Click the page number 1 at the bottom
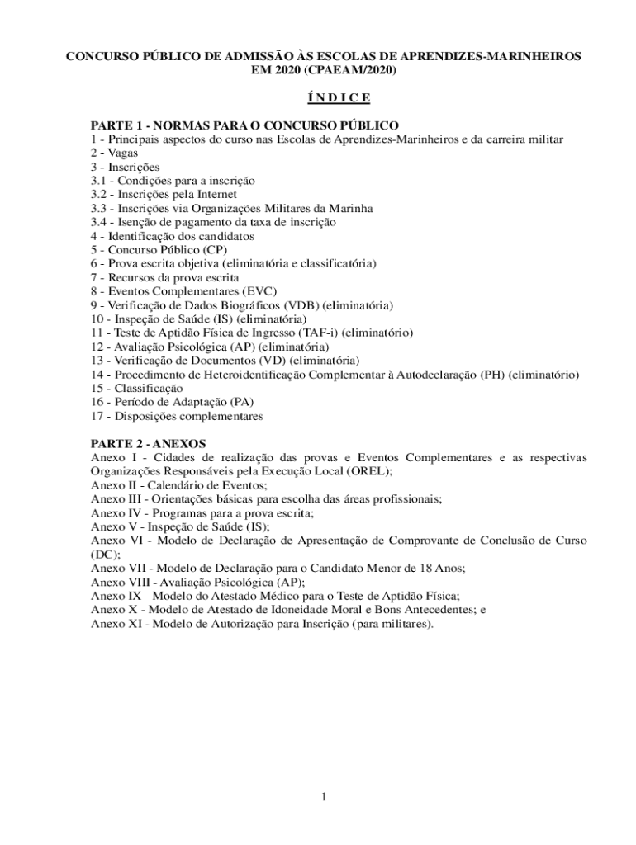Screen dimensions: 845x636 coord(325,796)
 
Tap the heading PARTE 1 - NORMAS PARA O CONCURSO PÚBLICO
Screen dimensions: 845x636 coord(244,125)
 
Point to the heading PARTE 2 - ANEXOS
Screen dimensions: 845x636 coord(148,443)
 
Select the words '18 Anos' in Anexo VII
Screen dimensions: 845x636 coord(442,568)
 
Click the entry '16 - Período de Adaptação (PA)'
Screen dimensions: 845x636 coord(172,402)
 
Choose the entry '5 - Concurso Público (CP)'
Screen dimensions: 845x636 coord(159,250)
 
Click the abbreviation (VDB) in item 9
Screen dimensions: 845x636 coord(301,305)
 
